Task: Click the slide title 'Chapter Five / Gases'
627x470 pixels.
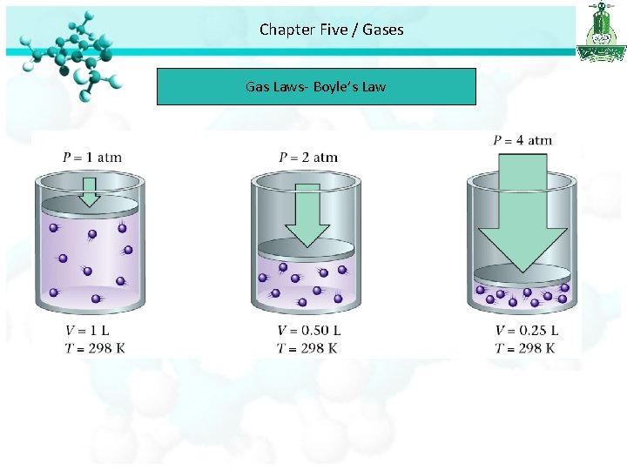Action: pos(331,30)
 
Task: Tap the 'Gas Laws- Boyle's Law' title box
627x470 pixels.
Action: pos(316,86)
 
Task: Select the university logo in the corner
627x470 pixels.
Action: pos(600,32)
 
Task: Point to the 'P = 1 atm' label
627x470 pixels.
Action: pos(92,158)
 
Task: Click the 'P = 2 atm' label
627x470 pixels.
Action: pos(308,158)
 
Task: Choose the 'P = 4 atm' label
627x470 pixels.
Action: pos(522,140)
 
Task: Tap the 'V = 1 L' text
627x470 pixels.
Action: pos(87,331)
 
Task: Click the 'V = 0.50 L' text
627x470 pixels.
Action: pos(308,331)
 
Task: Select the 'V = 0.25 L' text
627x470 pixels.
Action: pos(527,331)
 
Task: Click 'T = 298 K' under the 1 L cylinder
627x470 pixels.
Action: pos(95,348)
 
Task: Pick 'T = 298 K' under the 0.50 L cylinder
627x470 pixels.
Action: pos(307,348)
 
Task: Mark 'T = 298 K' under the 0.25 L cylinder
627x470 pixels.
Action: pos(525,348)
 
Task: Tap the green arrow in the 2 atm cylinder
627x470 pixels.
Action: pos(307,213)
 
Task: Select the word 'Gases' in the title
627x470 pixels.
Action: pos(383,30)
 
